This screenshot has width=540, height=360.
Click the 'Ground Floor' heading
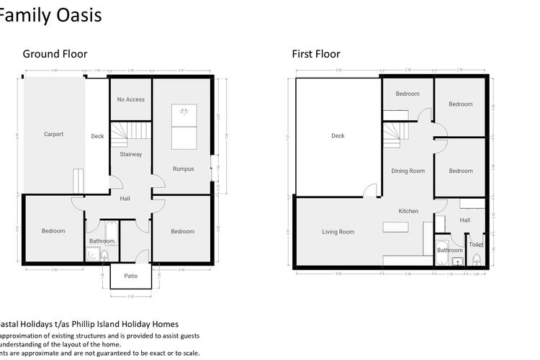pyautogui.click(x=55, y=54)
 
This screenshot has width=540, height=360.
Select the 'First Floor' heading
pyautogui.click(x=315, y=54)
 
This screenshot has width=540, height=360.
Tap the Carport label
pyautogui.click(x=53, y=134)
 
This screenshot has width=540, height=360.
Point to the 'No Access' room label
pyautogui.click(x=130, y=99)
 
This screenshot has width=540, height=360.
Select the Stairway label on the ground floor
pyautogui.click(x=130, y=154)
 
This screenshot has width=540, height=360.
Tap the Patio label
pyautogui.click(x=130, y=276)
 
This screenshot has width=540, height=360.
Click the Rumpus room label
pyautogui.click(x=183, y=169)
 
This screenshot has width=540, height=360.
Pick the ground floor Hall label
pyautogui.click(x=125, y=199)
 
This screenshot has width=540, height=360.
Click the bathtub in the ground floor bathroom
pyautogui.click(x=103, y=231)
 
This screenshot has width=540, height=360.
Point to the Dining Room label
pyautogui.click(x=408, y=171)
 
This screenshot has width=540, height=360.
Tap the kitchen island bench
pyautogui.click(x=395, y=228)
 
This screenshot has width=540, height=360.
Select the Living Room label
pyautogui.click(x=338, y=232)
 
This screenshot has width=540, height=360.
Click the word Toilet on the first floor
pyautogui.click(x=476, y=245)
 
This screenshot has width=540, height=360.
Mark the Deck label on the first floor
pyautogui.click(x=338, y=135)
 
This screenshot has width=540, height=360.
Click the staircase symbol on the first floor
pyautogui.click(x=394, y=132)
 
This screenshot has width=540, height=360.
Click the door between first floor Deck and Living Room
pyautogui.click(x=370, y=190)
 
